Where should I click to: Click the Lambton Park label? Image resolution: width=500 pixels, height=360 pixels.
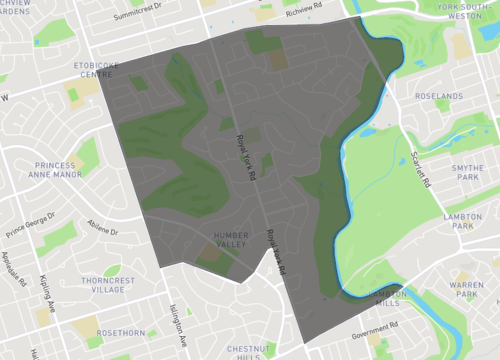[462, 221]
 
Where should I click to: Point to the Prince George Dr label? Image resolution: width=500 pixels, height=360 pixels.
[30, 219]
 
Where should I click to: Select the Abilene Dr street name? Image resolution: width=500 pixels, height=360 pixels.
[102, 228]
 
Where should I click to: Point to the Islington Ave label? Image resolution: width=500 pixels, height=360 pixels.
[177, 321]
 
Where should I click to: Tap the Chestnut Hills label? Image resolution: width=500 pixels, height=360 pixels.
[243, 351]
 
